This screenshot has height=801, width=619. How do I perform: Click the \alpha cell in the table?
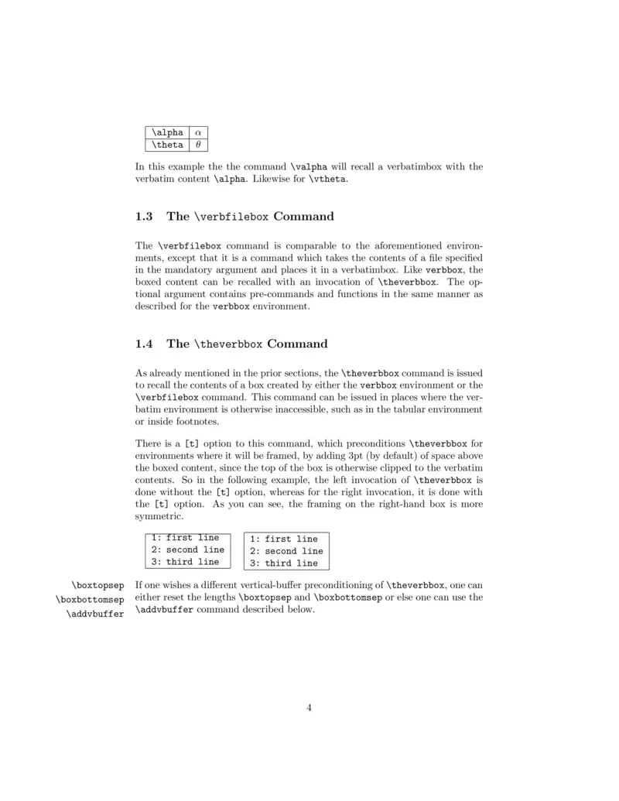pyautogui.click(x=167, y=132)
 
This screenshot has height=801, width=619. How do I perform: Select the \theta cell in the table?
pyautogui.click(x=167, y=144)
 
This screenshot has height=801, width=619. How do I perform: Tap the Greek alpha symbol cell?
pyautogui.click(x=199, y=132)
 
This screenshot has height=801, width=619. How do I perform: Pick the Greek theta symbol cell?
pyautogui.click(x=199, y=144)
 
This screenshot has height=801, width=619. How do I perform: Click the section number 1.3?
pyautogui.click(x=145, y=216)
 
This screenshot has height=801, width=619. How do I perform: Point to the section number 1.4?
pyautogui.click(x=145, y=344)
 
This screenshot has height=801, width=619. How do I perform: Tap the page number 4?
pyautogui.click(x=309, y=706)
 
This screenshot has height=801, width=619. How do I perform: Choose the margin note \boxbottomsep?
pyautogui.click(x=90, y=600)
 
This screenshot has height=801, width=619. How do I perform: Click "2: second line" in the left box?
pyautogui.click(x=187, y=549)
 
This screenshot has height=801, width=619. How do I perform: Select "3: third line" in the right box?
pyautogui.click(x=283, y=563)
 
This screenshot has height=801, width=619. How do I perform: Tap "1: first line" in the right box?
pyautogui.click(x=283, y=539)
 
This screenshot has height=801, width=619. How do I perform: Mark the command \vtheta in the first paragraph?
pyautogui.click(x=330, y=180)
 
